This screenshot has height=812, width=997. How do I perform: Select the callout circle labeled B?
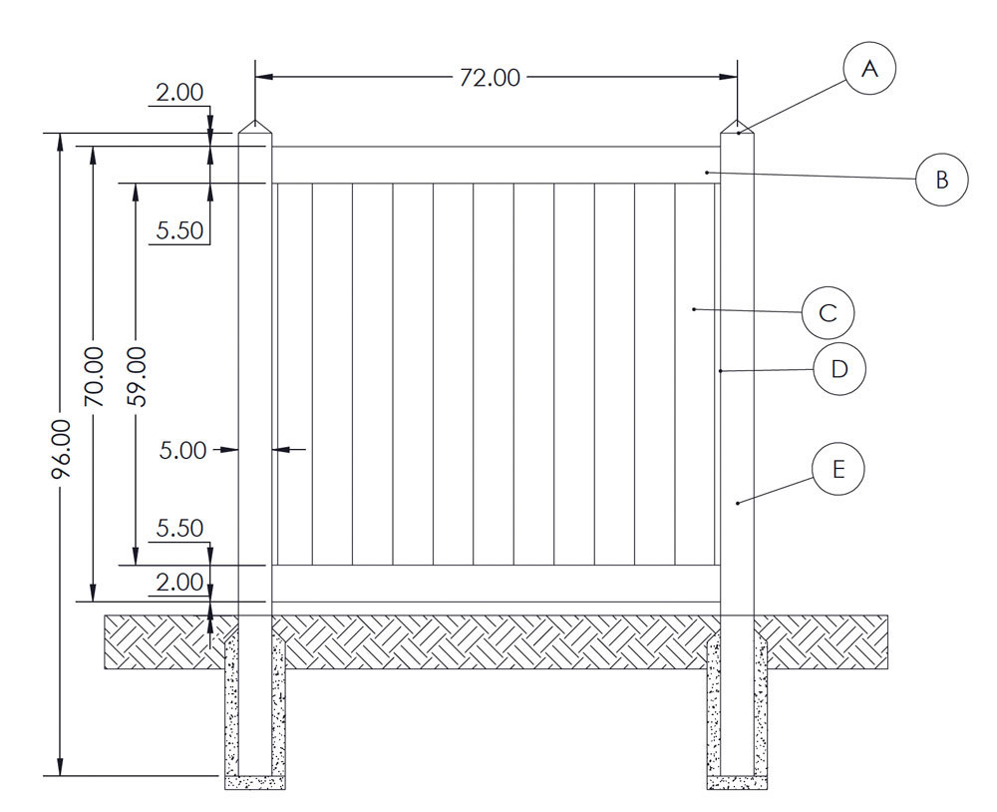tap(941, 180)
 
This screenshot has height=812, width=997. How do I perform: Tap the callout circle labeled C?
tap(828, 313)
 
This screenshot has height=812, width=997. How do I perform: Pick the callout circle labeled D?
tap(839, 369)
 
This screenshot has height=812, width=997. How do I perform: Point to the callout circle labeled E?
tap(837, 470)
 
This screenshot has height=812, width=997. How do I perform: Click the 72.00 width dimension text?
tap(490, 78)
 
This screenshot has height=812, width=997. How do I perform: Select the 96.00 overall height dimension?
tap(61, 449)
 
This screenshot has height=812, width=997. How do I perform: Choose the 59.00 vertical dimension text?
tap(137, 376)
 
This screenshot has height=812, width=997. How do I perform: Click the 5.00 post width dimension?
tap(182, 451)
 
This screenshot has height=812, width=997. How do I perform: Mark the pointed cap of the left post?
tap(255, 128)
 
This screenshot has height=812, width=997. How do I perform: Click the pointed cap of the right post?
tap(738, 128)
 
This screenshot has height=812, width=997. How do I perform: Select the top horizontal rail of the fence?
tap(496, 165)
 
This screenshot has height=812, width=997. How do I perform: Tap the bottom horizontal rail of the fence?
tap(496, 584)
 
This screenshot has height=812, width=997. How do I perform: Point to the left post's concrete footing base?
tap(255, 783)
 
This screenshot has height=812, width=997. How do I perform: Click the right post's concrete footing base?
tap(738, 783)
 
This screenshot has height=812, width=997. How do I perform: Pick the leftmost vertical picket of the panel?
tap(293, 374)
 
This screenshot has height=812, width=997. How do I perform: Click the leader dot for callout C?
tap(694, 309)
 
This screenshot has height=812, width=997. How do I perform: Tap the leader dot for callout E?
tap(738, 504)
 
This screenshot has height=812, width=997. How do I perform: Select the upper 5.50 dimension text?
tap(180, 230)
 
